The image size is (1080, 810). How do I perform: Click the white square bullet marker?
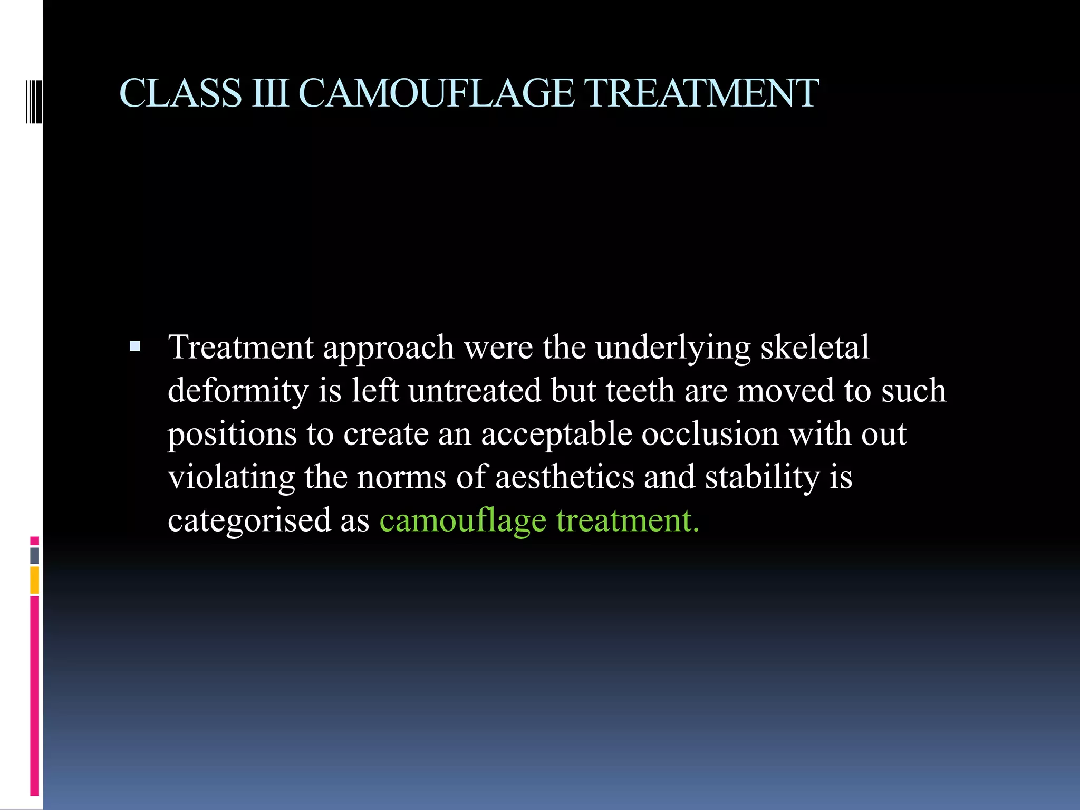point(135,346)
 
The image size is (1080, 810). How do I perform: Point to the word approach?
point(389,348)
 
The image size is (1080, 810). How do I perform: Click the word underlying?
point(673,348)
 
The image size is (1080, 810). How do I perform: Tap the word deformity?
point(238,391)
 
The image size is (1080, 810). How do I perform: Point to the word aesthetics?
point(564,477)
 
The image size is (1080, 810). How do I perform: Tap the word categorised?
point(249,521)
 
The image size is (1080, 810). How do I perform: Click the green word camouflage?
point(462,521)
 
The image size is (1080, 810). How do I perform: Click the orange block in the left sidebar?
point(35,580)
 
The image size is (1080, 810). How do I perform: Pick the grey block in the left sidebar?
point(35,556)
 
